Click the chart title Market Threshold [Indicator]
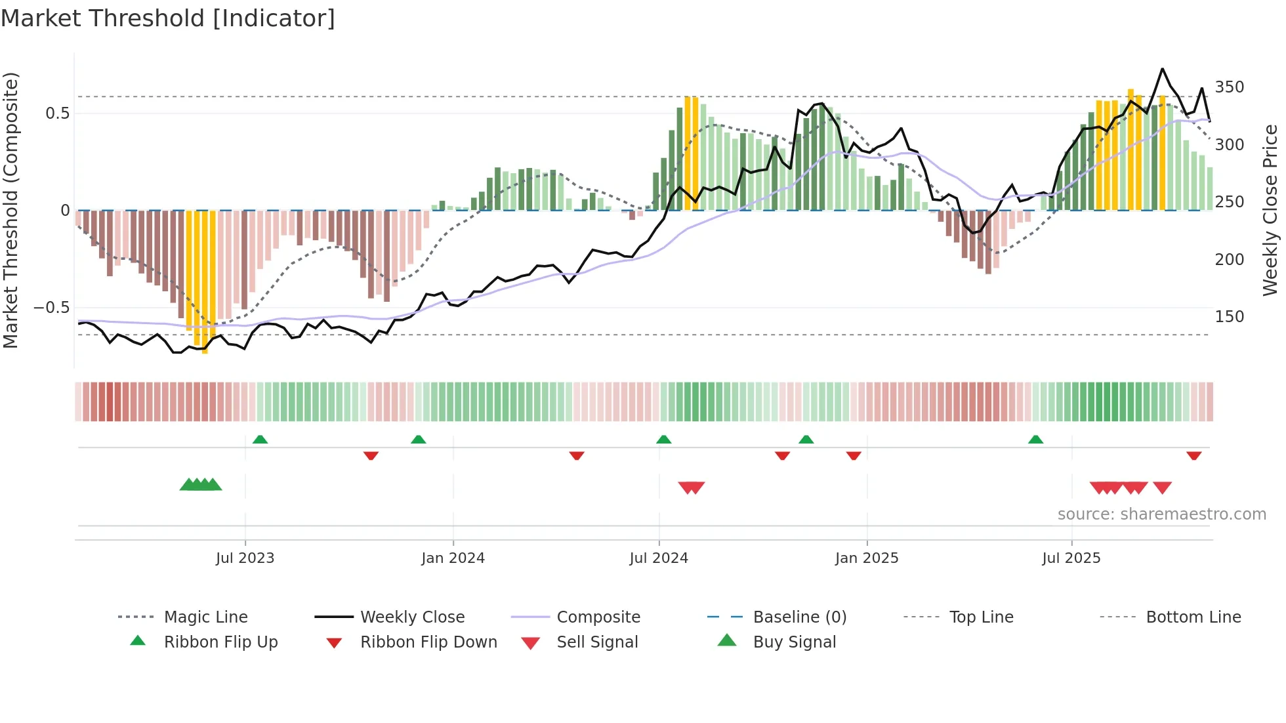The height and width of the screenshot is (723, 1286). click(168, 18)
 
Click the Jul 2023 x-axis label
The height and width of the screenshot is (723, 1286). click(245, 558)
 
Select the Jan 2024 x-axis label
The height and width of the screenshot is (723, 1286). click(453, 558)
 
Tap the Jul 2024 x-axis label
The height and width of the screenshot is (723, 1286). click(659, 558)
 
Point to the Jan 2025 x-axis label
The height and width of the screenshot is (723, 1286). click(867, 558)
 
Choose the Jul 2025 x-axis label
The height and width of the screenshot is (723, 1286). click(1071, 558)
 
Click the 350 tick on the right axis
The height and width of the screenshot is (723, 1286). click(1229, 87)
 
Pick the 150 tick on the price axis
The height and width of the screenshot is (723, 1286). click(1229, 317)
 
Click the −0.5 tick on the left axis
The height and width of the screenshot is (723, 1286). click(51, 308)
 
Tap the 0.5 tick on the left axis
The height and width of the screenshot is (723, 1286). click(57, 114)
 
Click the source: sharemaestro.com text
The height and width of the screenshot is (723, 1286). click(1161, 514)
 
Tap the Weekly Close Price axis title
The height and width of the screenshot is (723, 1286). click(1270, 210)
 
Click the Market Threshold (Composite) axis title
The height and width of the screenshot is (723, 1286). click(10, 210)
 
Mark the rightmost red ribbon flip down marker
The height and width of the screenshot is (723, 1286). click(1193, 455)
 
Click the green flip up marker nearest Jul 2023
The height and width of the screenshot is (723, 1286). click(260, 440)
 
